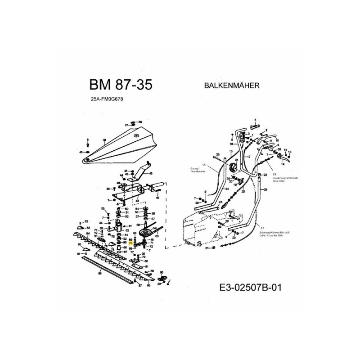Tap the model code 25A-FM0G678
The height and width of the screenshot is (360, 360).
107,100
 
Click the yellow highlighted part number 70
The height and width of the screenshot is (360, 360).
130,243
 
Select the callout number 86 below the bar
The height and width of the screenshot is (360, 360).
99,273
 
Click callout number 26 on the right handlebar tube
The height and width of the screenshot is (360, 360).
266,189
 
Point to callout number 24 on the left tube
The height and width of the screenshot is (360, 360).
227,189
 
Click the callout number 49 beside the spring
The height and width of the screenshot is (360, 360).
158,191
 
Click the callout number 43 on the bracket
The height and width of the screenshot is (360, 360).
150,173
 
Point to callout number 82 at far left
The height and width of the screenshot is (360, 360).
86,222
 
